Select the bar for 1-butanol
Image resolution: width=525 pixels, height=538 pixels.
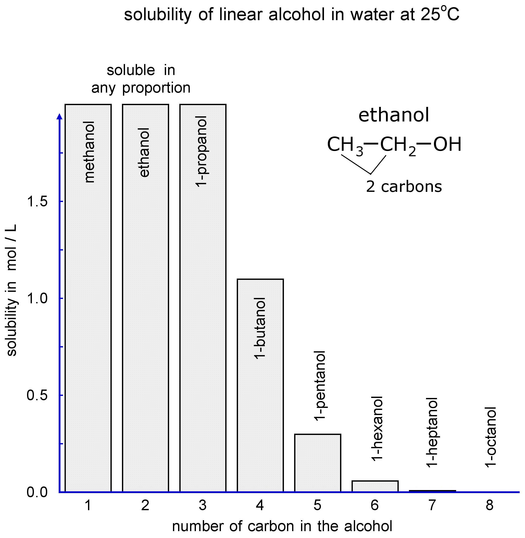[260, 386]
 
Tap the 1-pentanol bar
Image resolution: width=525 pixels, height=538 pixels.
[317, 463]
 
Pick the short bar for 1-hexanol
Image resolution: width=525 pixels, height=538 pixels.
[375, 486]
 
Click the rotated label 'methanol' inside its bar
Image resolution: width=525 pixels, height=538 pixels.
[89, 152]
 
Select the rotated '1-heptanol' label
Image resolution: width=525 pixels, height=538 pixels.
[432, 432]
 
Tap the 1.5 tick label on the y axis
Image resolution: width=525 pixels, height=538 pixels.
[37, 202]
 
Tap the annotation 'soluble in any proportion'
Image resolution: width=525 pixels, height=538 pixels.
[141, 79]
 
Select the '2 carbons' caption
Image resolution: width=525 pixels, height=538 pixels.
[404, 187]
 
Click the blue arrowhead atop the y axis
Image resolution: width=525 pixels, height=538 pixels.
[59, 117]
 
